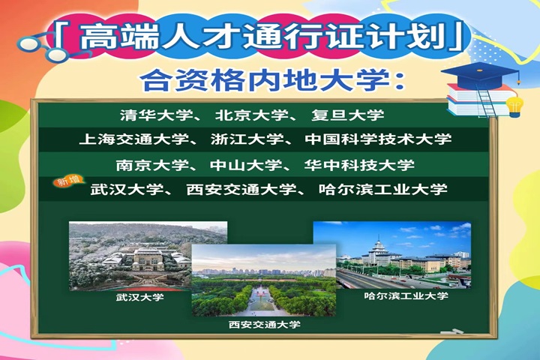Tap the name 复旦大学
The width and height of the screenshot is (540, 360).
[x=348, y=115]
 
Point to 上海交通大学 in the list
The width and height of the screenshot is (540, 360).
[x=134, y=139]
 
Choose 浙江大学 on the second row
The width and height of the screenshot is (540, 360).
[x=247, y=139]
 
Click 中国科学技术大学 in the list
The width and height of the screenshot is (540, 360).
[x=378, y=139]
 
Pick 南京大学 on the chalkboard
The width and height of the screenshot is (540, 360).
[x=152, y=165]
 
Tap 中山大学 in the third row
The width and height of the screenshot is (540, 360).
[x=246, y=165]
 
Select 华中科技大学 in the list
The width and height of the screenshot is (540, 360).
[x=359, y=165]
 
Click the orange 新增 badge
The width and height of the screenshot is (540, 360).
[x=68, y=181]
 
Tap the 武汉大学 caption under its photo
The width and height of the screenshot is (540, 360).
[x=139, y=297]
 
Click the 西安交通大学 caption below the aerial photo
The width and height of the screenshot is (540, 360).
[x=265, y=325]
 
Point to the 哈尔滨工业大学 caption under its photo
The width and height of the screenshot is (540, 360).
[x=406, y=295]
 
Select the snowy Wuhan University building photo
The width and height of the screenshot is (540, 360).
[x=130, y=256]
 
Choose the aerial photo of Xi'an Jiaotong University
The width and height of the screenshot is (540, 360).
[x=264, y=280]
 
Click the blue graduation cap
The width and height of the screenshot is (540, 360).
[x=480, y=74]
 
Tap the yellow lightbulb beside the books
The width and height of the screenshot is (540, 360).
[x=514, y=106]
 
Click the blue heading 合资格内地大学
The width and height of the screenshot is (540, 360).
[x=272, y=80]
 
